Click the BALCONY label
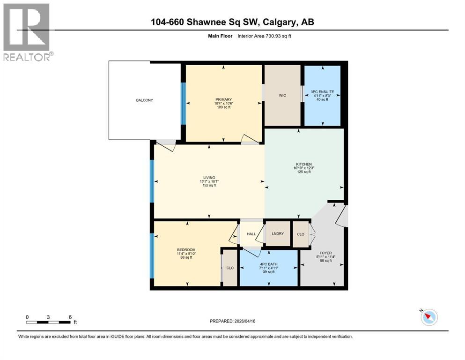(144, 100)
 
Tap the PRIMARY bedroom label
(223, 99)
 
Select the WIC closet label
(282, 96)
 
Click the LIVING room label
(209, 177)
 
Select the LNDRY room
(278, 234)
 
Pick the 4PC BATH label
(269, 264)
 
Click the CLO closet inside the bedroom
(230, 268)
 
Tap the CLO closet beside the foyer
(301, 234)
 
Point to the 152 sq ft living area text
(209, 185)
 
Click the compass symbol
(429, 318)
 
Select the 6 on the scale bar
(70, 317)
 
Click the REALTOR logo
(27, 32)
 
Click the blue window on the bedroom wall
(151, 255)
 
